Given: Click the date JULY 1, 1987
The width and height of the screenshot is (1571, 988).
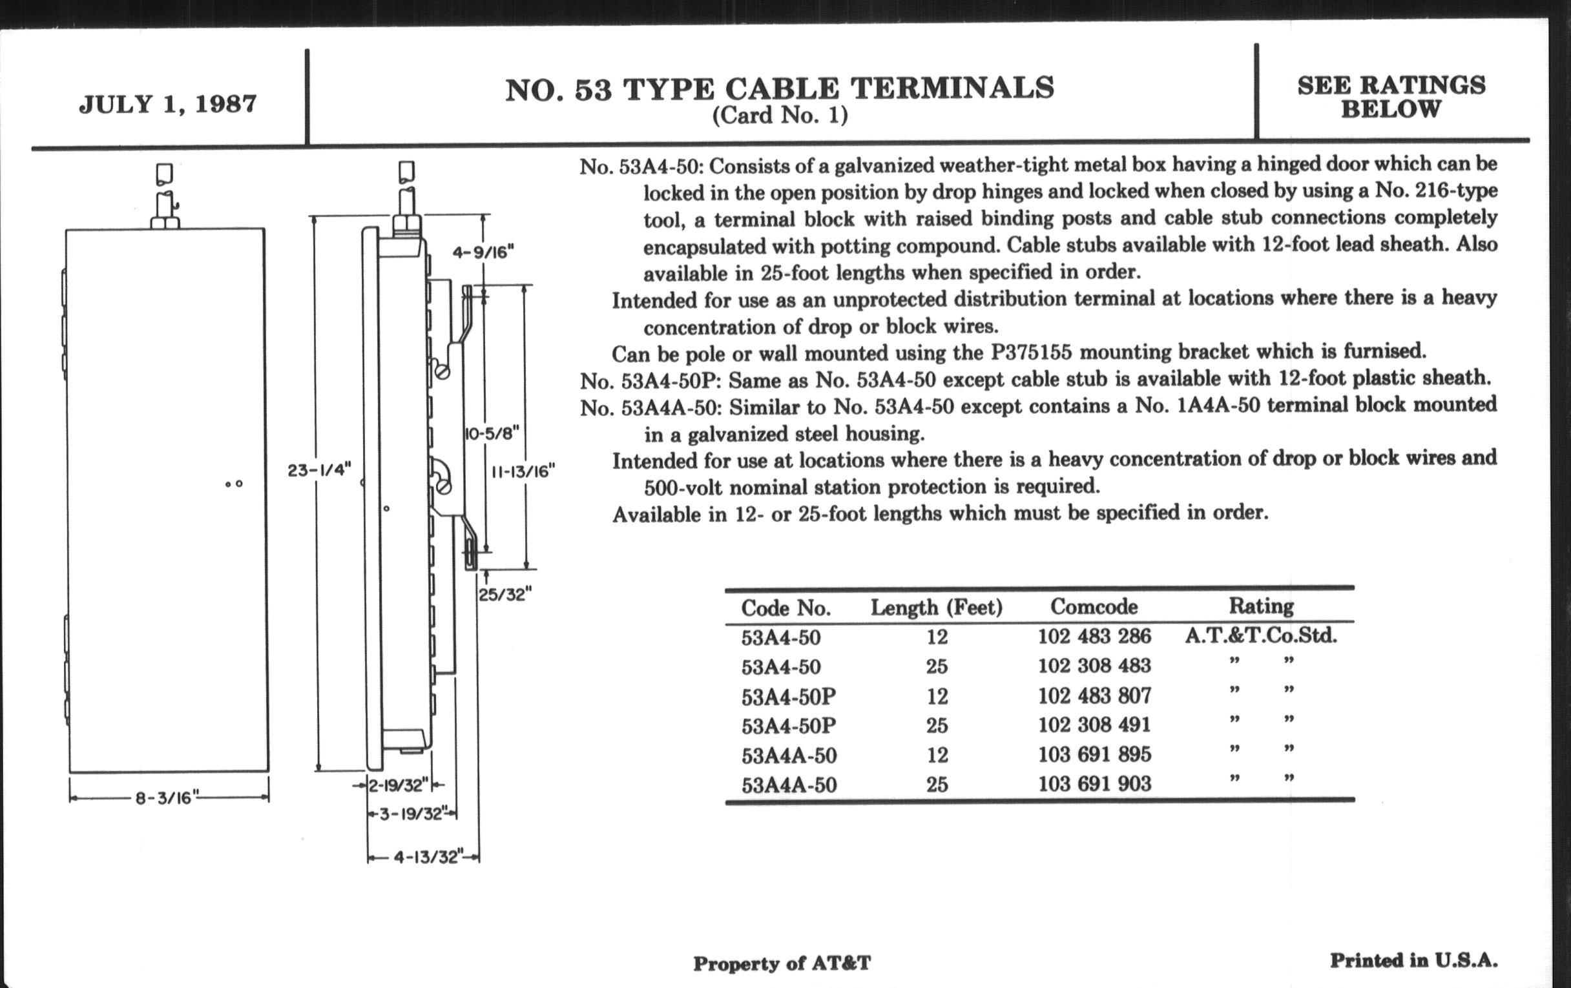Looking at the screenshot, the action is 169,105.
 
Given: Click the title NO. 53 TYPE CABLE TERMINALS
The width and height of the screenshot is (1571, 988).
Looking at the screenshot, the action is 780,89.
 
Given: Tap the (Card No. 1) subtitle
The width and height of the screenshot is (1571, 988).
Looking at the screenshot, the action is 780,116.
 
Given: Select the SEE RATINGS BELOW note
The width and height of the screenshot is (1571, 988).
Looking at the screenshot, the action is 1391,97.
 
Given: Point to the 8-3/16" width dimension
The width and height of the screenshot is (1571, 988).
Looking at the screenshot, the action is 168,798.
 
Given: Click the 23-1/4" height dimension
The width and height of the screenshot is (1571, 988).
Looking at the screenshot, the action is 320,469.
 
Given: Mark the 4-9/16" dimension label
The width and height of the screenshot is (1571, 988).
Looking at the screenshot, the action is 483,252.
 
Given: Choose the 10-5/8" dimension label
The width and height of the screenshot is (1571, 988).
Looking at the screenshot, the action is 492,434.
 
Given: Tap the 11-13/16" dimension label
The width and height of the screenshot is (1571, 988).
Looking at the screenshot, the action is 523,471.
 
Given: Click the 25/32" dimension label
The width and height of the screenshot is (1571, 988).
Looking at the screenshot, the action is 506,594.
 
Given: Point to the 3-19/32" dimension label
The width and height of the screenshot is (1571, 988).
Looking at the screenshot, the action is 411,813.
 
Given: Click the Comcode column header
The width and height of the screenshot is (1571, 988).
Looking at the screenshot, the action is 1094,606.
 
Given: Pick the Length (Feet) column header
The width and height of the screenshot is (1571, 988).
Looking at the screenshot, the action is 937,608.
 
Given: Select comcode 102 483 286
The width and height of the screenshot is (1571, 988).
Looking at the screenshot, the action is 1095,636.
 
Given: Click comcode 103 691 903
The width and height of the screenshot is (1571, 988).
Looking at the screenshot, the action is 1095,783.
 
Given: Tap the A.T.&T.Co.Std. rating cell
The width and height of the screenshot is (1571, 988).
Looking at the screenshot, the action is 1261,635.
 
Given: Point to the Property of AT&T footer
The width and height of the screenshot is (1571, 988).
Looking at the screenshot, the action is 782,963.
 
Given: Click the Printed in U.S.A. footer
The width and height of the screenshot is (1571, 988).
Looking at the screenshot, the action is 1414,960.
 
